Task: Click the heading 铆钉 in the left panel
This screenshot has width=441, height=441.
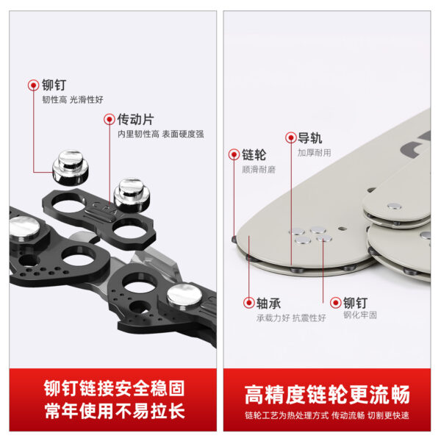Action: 54,85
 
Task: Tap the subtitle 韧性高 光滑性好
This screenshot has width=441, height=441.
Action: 73,99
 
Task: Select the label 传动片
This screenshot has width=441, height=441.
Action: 135,120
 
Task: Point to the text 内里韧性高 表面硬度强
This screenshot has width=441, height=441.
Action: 160,134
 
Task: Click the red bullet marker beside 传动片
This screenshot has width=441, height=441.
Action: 110,120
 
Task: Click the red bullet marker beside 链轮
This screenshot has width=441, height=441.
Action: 234,154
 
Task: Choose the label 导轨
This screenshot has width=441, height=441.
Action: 310,138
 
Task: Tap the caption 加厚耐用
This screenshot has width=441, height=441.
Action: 315,153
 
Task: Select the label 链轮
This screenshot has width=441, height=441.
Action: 254,154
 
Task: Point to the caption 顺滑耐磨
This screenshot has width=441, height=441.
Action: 259,170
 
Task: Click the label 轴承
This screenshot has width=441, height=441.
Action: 268,303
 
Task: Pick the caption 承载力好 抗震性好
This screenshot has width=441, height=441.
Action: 291,318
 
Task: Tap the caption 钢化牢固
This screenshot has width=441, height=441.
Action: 360,315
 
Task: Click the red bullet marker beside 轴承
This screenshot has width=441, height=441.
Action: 249,303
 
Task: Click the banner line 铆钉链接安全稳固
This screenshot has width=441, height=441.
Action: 114,388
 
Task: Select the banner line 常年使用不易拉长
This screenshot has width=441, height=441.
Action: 115,411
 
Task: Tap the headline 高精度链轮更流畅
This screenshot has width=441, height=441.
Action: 327,395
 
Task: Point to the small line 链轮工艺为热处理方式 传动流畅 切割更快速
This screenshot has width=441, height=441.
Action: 327,415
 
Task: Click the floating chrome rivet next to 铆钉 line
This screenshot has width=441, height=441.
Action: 71,168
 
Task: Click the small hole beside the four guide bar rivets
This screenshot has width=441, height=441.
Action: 342,228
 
